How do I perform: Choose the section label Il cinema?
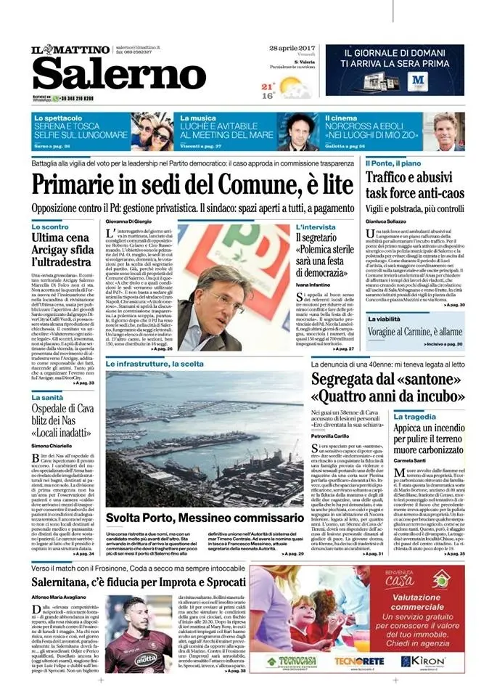tap(342, 117)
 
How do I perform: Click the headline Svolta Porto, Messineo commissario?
tap(198, 496)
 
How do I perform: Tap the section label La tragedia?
tap(435, 417)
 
